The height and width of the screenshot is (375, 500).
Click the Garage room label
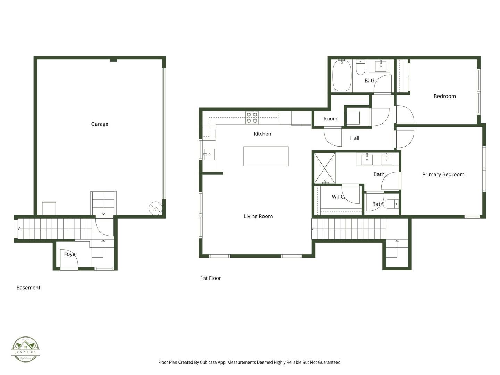point(100,124)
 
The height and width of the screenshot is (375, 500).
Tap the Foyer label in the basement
point(70,254)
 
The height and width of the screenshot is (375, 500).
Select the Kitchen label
point(262,134)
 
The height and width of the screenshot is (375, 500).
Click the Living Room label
point(258,216)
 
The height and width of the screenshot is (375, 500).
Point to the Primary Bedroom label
point(443,174)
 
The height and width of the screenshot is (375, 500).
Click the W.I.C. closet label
point(338,197)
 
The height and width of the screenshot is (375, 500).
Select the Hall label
point(355,138)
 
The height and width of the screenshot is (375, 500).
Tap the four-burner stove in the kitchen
point(252,117)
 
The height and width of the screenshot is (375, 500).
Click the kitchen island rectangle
point(266,156)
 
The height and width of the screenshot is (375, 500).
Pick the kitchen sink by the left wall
point(209,155)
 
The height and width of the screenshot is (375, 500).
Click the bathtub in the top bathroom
point(342,76)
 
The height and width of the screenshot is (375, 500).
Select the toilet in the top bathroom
point(360,68)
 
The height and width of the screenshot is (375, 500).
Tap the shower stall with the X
point(325,168)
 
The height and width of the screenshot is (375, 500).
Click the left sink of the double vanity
point(367,160)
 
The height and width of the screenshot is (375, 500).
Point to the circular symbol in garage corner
point(156,208)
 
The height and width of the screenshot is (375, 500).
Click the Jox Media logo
point(26,349)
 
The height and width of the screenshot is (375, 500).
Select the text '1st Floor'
point(211,278)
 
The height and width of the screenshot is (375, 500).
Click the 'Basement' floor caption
point(28,287)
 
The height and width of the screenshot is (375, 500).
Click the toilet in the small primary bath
point(391,204)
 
